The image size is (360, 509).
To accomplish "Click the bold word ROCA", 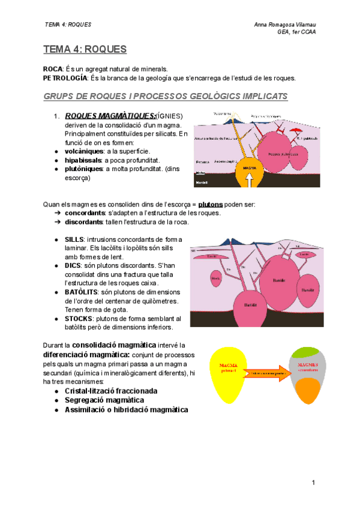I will (x=53, y=70).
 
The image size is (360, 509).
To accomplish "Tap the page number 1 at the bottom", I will (x=313, y=483).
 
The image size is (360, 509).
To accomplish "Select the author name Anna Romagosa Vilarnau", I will (x=285, y=24).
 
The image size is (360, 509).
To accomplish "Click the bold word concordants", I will (x=85, y=213).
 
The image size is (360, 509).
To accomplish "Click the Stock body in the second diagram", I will (x=215, y=278).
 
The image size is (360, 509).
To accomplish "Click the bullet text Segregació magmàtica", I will (x=104, y=400).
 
